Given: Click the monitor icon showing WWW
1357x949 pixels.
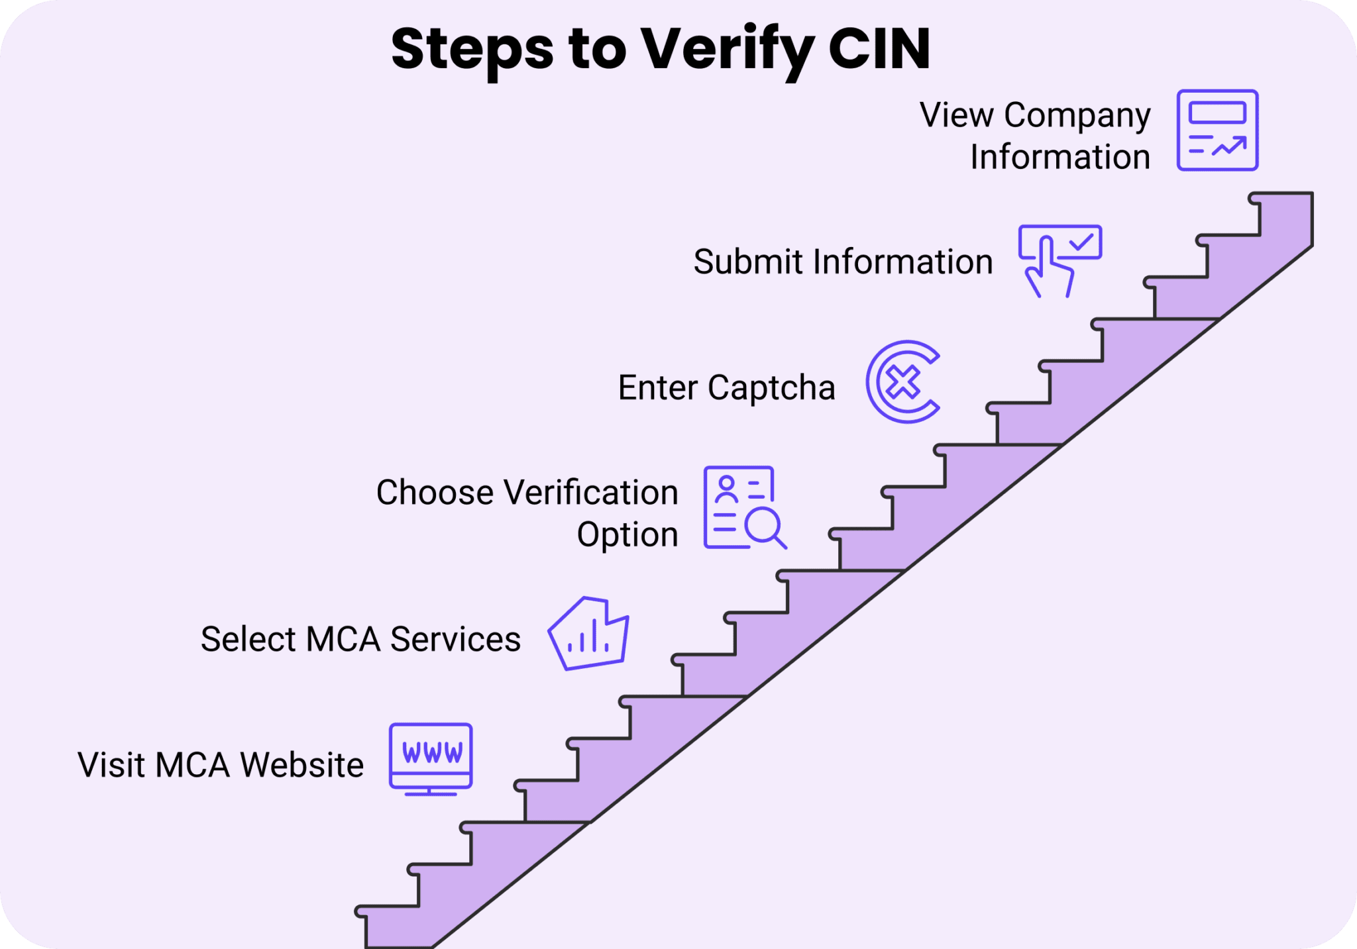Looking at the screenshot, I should tap(431, 758).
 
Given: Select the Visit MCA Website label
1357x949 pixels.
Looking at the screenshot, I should tap(221, 765).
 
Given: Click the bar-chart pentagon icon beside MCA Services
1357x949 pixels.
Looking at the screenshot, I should tap(588, 634).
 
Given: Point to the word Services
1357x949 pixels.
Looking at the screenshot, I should tap(455, 639).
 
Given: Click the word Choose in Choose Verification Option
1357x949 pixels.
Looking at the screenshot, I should tap(435, 493).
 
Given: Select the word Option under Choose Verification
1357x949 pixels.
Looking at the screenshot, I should tap(627, 534).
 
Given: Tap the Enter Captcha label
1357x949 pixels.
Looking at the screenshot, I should tap(726, 387).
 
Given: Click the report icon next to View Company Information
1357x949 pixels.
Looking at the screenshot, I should tap(1217, 130).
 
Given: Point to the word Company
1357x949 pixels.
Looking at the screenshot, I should tap(1077, 115).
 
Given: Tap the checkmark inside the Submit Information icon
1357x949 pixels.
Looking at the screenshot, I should tap(1081, 242).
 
